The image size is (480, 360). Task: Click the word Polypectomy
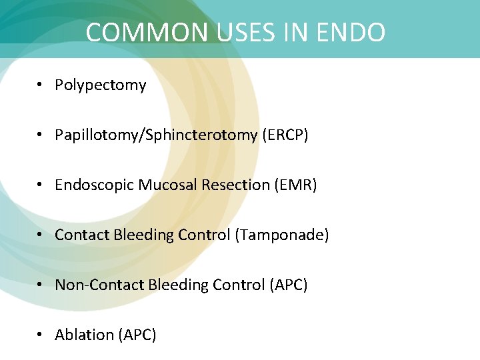[100, 85]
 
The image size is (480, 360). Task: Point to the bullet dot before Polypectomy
[41, 85]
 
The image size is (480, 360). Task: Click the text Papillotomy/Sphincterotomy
[155, 135]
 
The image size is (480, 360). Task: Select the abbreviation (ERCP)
[285, 135]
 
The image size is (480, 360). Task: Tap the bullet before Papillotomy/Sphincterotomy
[41, 135]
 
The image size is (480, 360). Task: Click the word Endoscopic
[95, 185]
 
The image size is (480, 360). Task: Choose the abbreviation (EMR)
[295, 185]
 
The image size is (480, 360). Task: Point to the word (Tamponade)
[282, 235]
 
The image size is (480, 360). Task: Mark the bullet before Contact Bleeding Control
[41, 235]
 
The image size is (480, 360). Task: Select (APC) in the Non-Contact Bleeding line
[289, 285]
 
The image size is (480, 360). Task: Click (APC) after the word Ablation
[137, 335]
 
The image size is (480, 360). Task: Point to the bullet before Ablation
[41, 335]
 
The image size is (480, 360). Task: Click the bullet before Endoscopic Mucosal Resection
[41, 185]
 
